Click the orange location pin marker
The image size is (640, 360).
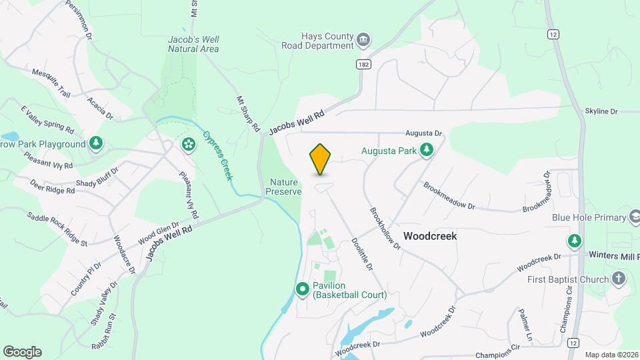coord(321,159)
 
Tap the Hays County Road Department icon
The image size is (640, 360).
coord(363,41)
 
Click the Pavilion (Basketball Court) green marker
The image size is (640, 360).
coord(302,289)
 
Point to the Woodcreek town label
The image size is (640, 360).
coord(430,236)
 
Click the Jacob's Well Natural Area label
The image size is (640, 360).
coord(193,44)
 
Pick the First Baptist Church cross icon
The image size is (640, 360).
coord(619,279)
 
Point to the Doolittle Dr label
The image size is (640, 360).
coord(361,254)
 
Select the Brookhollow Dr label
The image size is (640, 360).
coord(385,227)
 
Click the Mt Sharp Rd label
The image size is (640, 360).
coord(247,113)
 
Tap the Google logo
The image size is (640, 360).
coord(22,351)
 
